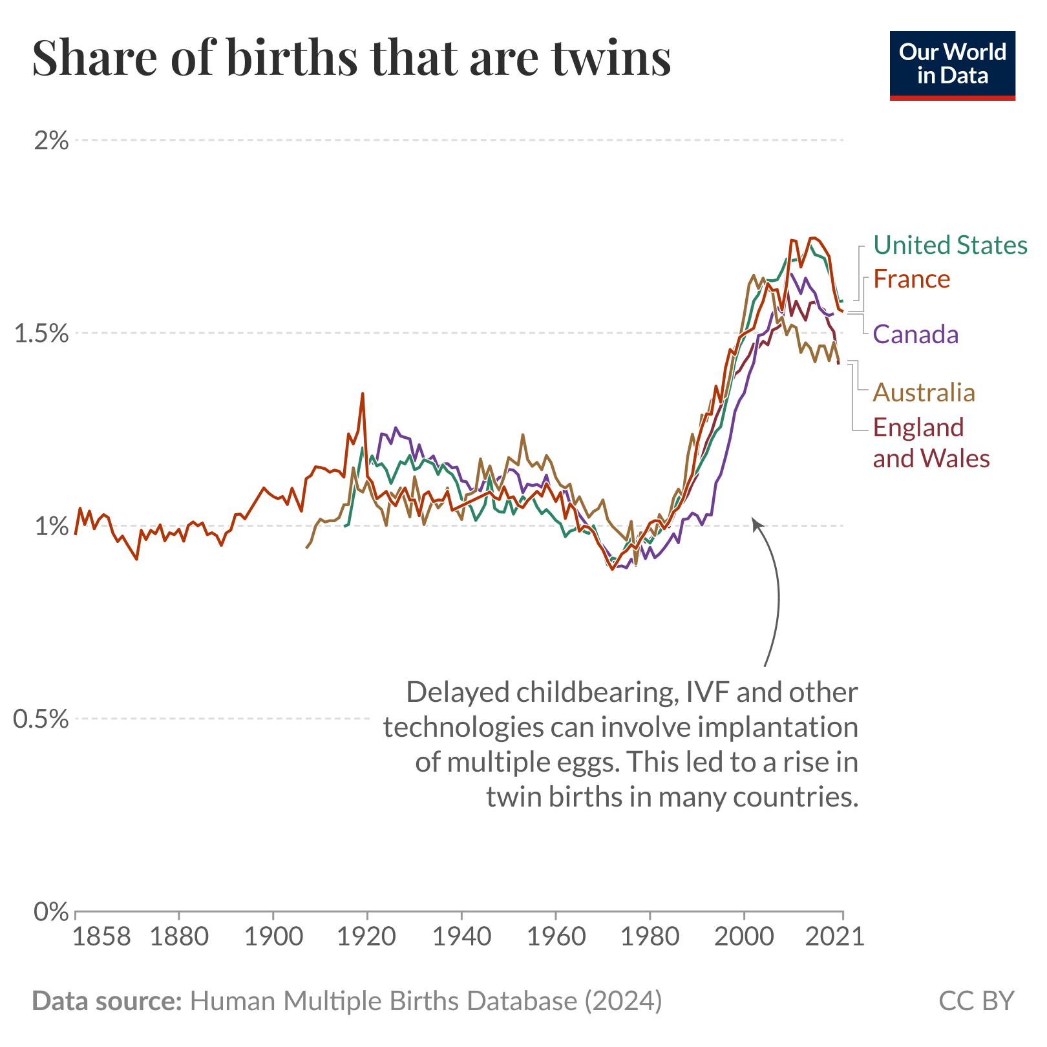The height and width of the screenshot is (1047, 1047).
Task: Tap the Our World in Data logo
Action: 952,65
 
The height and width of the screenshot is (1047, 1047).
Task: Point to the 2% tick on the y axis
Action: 50,140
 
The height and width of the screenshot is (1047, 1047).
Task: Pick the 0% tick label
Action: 50,912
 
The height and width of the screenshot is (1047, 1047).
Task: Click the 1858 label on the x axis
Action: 101,936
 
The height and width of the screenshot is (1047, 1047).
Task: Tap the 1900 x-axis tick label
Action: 273,936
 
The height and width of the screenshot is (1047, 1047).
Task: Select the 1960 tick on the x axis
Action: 556,936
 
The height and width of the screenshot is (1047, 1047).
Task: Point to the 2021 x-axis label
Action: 834,936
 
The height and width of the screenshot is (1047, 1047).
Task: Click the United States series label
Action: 950,246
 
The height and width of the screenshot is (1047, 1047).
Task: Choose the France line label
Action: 911,279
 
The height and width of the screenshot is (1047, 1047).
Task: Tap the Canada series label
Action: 916,334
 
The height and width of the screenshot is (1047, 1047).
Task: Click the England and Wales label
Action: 931,443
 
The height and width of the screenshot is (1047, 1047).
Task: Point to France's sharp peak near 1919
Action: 363,394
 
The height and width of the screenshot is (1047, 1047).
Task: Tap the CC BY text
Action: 977,1000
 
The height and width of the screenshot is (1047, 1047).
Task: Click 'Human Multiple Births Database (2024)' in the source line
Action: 426,1000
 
